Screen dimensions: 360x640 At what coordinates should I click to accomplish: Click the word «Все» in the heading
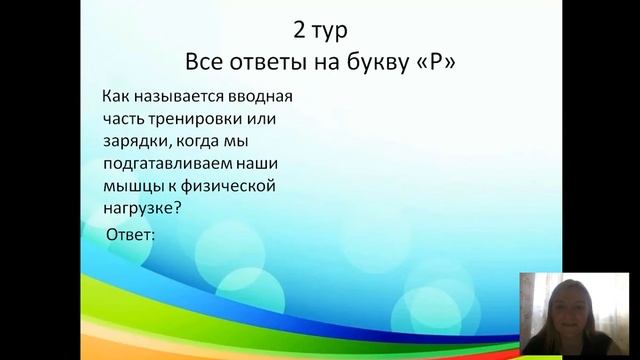[207, 62]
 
